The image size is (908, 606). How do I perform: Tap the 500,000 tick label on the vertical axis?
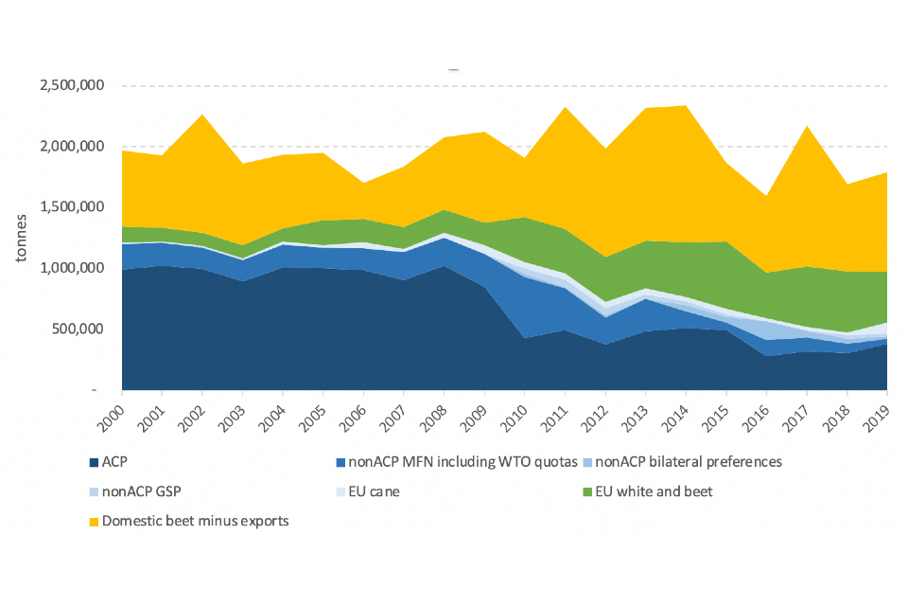(77, 330)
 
